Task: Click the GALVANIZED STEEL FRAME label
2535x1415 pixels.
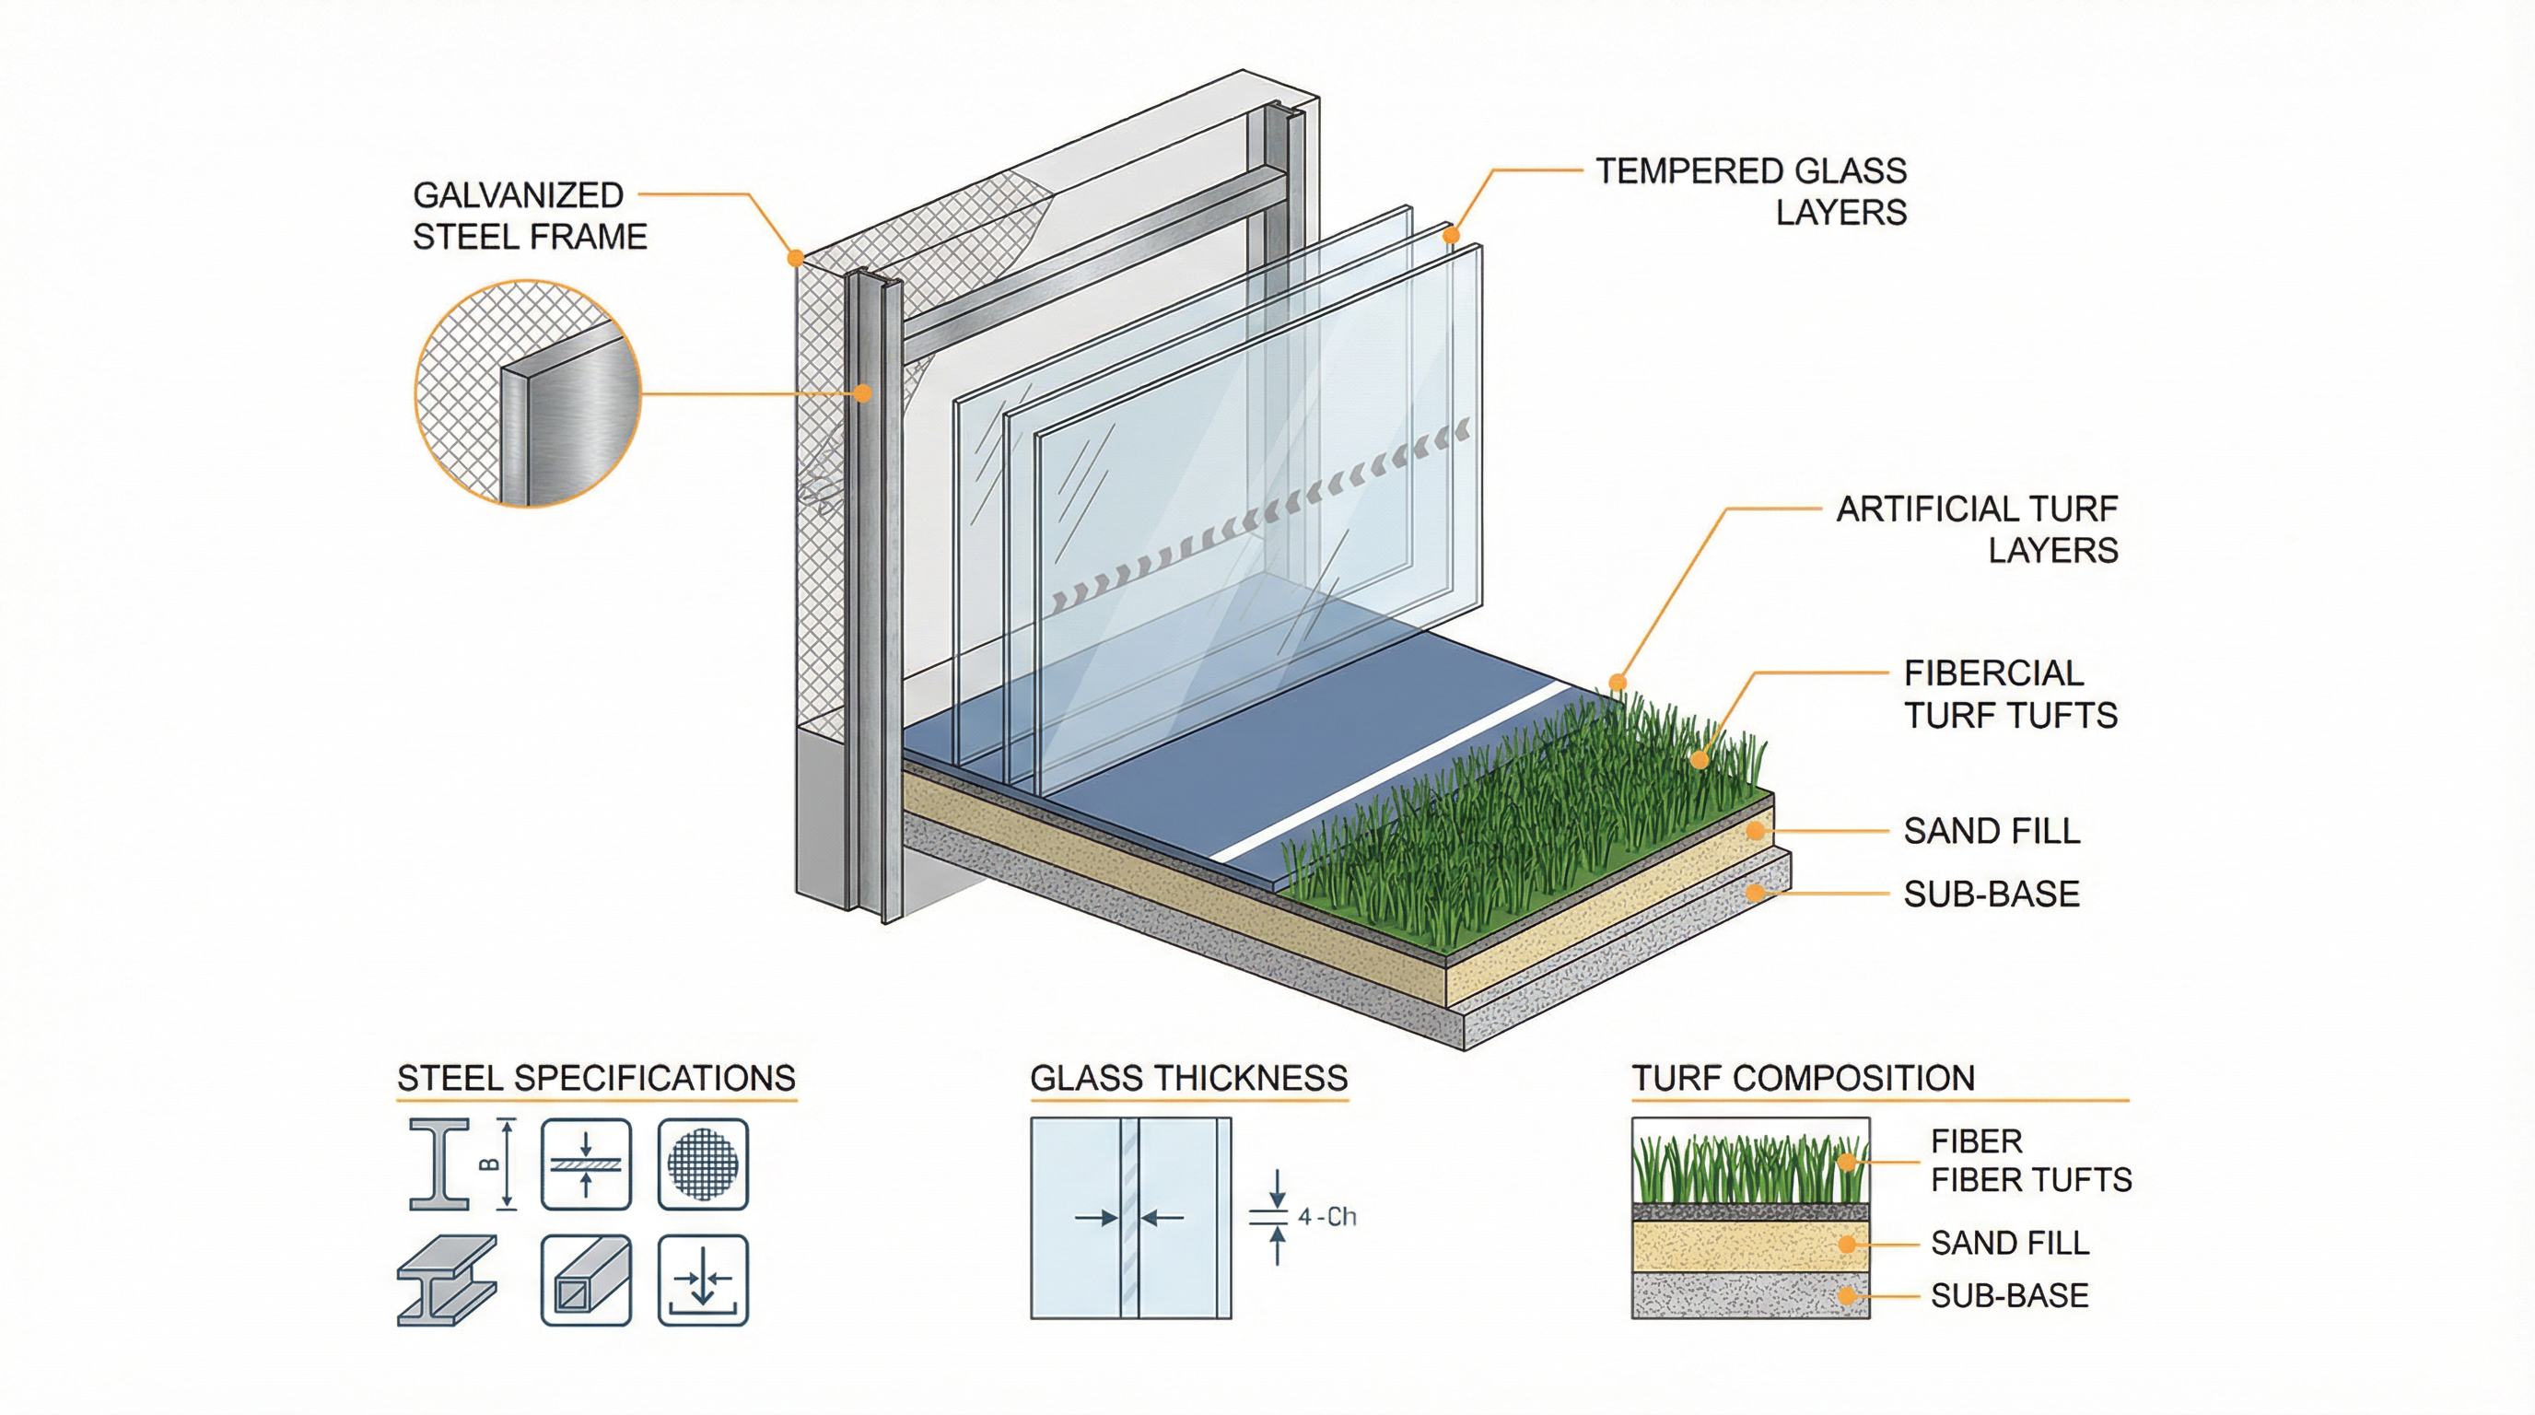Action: tap(529, 216)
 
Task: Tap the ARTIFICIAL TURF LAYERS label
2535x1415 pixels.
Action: tap(1976, 530)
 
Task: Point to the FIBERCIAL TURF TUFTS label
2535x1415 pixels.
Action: tap(2010, 694)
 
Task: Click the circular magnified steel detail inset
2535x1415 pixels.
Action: tap(528, 393)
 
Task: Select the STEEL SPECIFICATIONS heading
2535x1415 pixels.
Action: tap(595, 1078)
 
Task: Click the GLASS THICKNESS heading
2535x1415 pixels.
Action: tap(1187, 1078)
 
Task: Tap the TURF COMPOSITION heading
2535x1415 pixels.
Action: tap(1803, 1078)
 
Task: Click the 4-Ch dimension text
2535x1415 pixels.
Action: tap(1326, 1217)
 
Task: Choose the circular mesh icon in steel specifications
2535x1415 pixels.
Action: tap(703, 1164)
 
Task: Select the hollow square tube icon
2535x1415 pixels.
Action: tap(586, 1281)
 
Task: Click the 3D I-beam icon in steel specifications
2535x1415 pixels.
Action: tap(446, 1281)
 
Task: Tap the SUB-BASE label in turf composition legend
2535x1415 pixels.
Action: tap(2008, 1296)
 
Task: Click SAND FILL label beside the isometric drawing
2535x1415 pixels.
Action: tap(1991, 832)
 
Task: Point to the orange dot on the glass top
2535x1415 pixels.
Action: tap(1451, 236)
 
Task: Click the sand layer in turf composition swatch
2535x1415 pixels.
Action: tap(1749, 1245)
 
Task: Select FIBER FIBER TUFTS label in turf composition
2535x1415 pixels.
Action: tap(2029, 1160)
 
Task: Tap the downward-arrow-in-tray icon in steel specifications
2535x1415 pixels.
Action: tap(703, 1281)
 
